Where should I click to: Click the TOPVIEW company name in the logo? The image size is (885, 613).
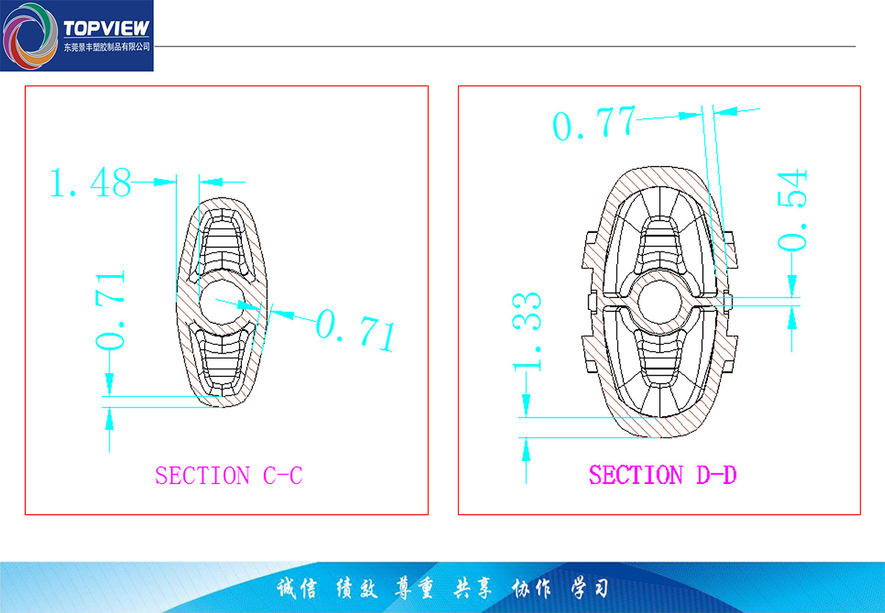click(x=106, y=29)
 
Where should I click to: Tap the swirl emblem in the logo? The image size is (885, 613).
click(x=30, y=36)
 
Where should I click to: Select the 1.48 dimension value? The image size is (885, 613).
click(x=91, y=182)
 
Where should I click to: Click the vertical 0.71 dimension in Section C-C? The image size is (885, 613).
click(x=110, y=311)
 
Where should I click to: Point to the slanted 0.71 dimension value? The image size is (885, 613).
click(x=355, y=330)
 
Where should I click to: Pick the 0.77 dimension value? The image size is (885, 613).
click(x=594, y=123)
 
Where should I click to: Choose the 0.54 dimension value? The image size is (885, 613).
click(x=791, y=210)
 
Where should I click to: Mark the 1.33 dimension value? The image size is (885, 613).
click(x=527, y=332)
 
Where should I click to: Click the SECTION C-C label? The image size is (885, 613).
click(x=229, y=475)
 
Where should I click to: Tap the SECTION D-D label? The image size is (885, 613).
click(x=662, y=474)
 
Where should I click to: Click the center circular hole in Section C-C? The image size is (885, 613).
click(x=221, y=302)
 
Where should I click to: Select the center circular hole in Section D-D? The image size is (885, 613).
click(x=659, y=302)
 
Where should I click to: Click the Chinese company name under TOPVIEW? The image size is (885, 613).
click(x=107, y=47)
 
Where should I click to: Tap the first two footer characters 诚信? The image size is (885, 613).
click(x=296, y=589)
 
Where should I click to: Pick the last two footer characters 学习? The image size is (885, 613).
click(x=590, y=589)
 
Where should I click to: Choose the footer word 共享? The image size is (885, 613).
click(x=473, y=589)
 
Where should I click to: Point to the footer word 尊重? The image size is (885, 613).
click(x=414, y=589)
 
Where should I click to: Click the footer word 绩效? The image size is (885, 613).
click(x=357, y=589)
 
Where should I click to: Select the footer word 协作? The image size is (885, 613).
click(x=530, y=589)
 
